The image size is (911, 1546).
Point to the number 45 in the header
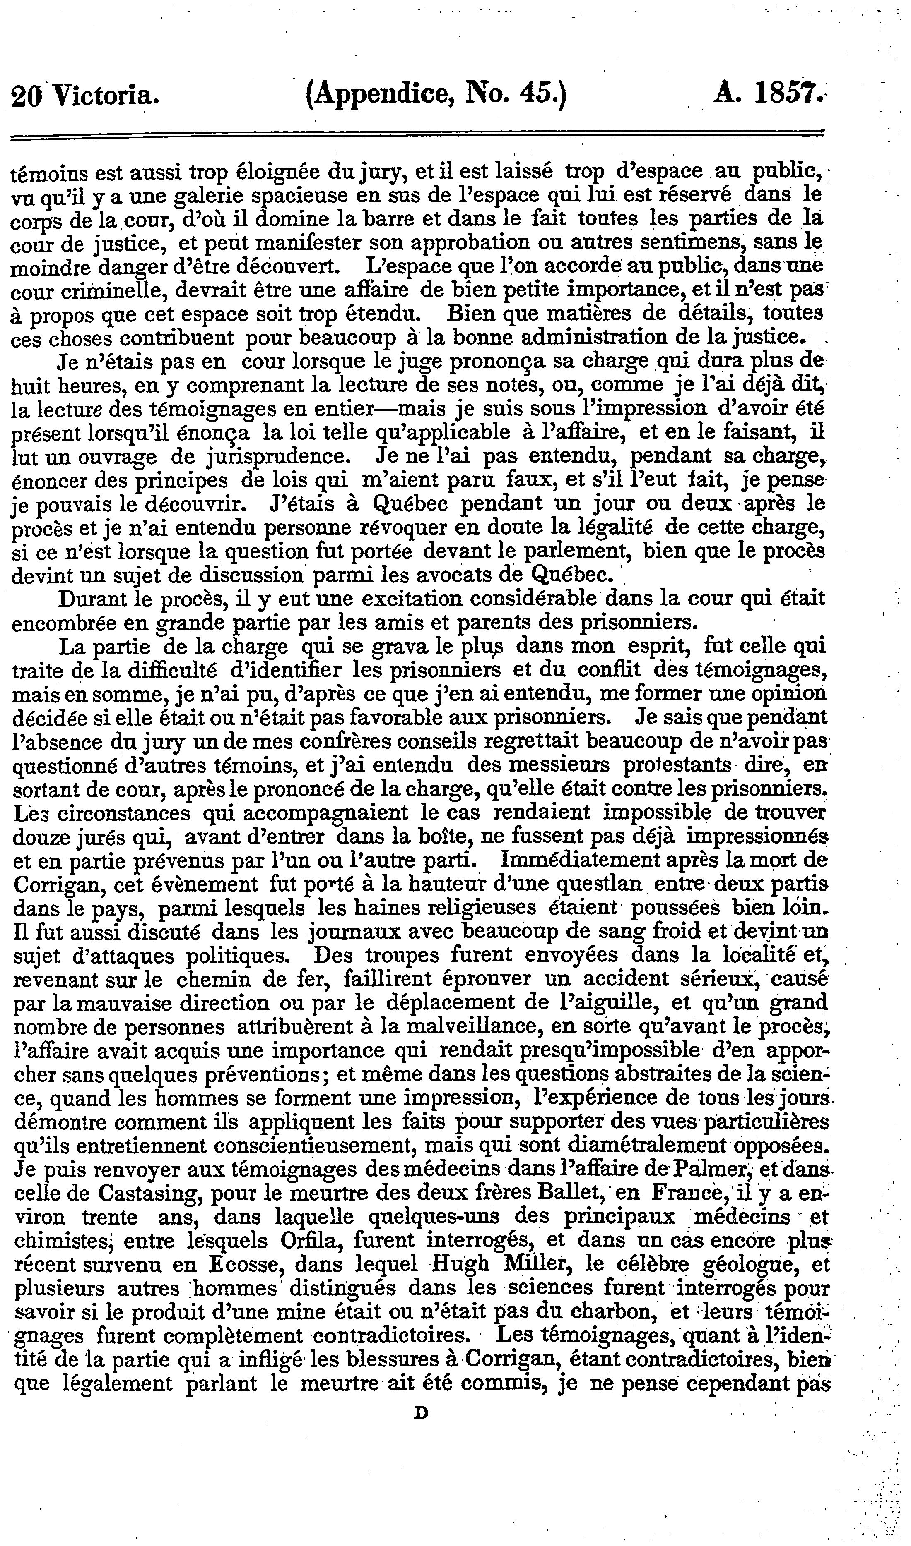click(x=533, y=95)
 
